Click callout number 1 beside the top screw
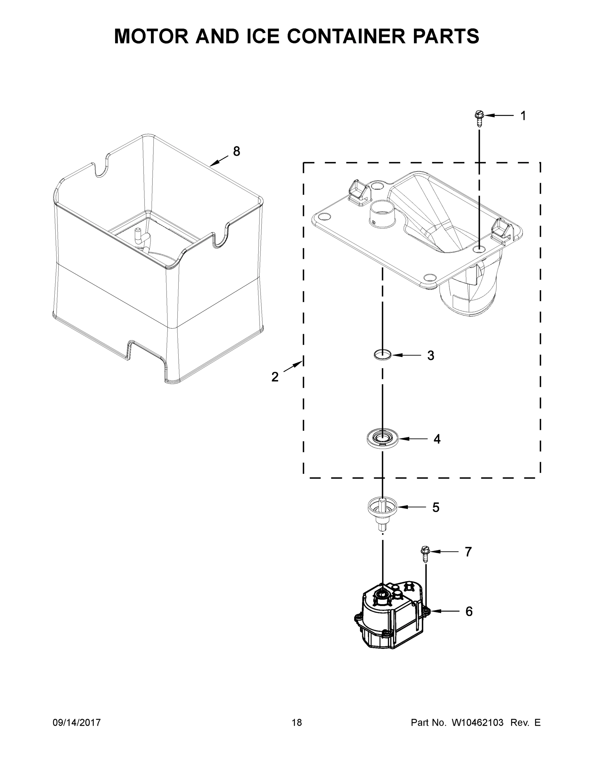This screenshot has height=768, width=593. coord(523,116)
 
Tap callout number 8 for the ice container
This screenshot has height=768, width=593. coord(237,151)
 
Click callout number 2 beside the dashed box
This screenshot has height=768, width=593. coord(275,377)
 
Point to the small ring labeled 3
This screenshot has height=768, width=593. coord(383,355)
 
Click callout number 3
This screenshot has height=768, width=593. coord(431,356)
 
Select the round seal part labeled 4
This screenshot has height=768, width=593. coord(383,438)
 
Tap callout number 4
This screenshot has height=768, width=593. coord(437,439)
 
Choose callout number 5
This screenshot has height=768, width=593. coord(436,508)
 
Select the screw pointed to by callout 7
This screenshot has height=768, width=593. coord(425,553)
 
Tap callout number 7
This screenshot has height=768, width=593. coord(468,552)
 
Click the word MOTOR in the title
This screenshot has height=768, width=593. coord(151,36)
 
